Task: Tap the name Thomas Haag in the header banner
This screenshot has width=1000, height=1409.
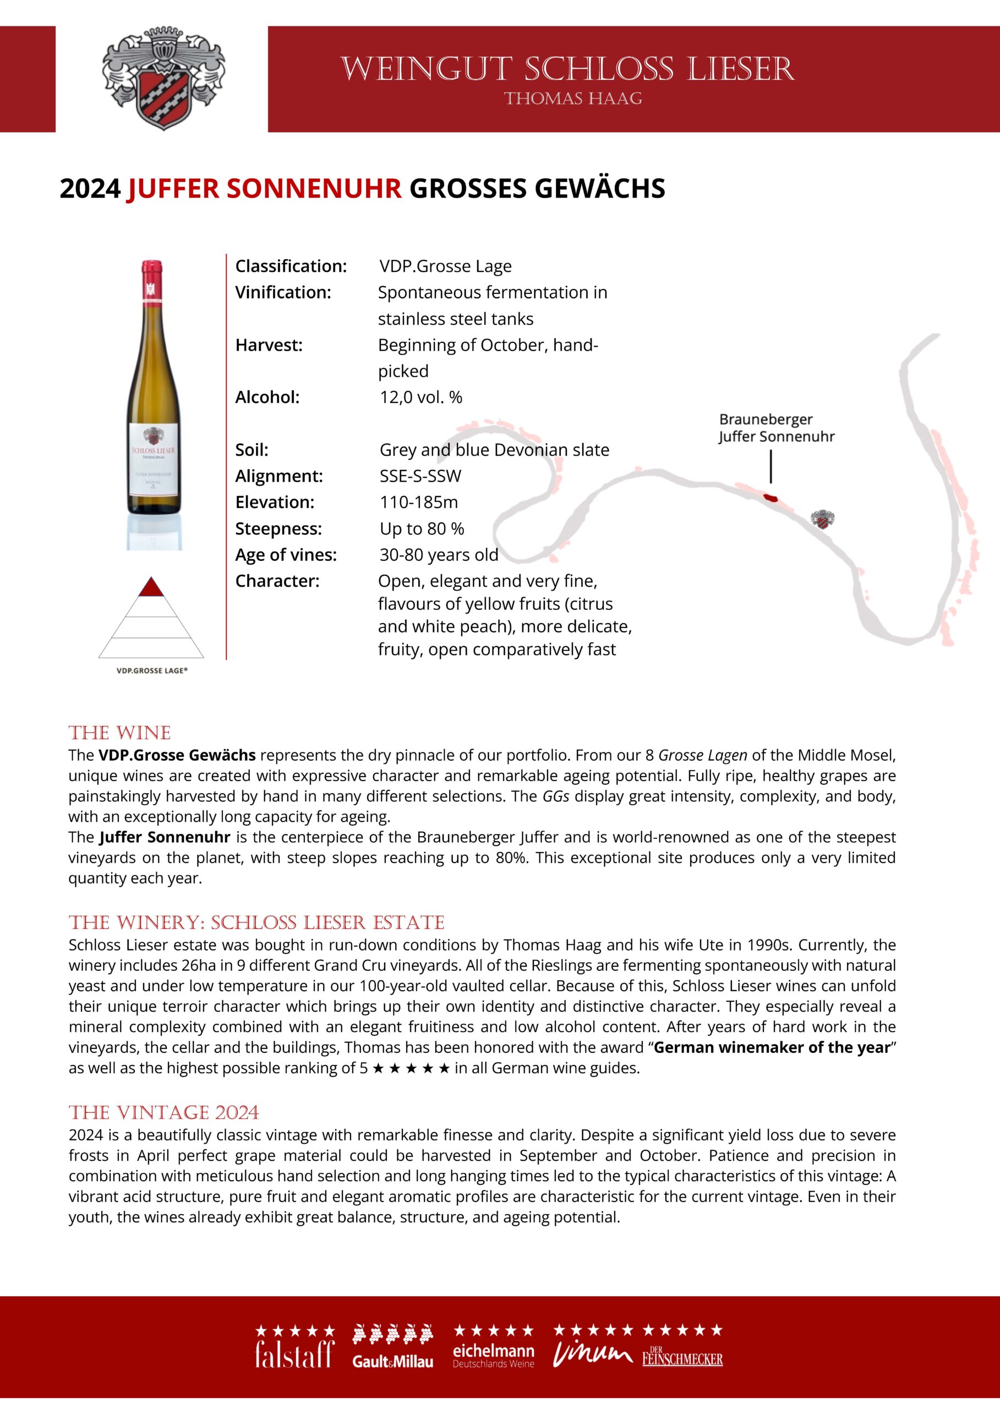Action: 573,99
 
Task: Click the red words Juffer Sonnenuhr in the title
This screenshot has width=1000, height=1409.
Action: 264,188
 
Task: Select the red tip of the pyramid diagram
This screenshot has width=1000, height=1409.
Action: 151,588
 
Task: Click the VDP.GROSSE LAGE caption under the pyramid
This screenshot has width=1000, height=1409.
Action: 151,670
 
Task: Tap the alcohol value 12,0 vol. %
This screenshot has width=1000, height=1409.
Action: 420,397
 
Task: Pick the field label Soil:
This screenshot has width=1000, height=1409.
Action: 252,450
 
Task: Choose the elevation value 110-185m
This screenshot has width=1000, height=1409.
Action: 419,503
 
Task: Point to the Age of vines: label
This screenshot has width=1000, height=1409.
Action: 286,555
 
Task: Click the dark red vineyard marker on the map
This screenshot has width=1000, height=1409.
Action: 770,497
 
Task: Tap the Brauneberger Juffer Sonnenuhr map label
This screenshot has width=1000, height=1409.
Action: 776,428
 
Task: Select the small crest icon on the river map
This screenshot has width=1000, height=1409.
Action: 822,519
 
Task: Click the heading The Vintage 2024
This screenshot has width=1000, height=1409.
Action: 164,1112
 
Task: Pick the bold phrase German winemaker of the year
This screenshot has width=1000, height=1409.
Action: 772,1047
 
